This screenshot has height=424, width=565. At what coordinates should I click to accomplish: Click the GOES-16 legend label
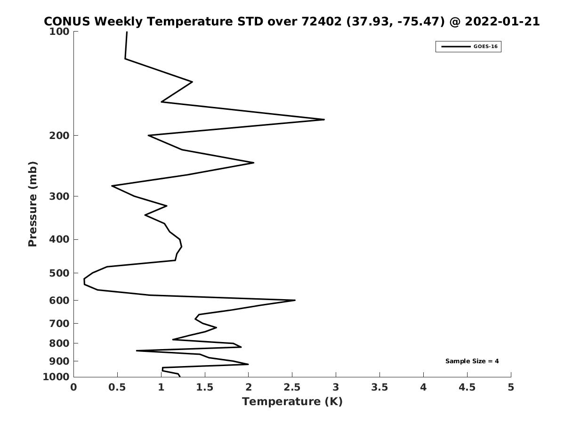pyautogui.click(x=485, y=47)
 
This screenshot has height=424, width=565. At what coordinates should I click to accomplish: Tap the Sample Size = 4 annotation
pyautogui.click(x=472, y=361)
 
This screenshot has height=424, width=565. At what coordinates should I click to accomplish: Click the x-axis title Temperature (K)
pyautogui.click(x=292, y=401)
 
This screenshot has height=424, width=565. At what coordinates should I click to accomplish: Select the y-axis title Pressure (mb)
pyautogui.click(x=32, y=204)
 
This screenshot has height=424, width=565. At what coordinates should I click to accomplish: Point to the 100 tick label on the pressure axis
pyautogui.click(x=59, y=32)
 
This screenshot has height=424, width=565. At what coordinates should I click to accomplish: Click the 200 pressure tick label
pyautogui.click(x=59, y=135)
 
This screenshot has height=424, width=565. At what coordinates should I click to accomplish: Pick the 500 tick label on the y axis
pyautogui.click(x=59, y=273)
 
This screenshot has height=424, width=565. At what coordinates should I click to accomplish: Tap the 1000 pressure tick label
pyautogui.click(x=56, y=377)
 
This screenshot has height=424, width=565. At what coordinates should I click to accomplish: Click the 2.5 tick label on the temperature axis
pyautogui.click(x=292, y=387)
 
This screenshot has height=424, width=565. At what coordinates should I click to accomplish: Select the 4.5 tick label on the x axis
pyautogui.click(x=467, y=387)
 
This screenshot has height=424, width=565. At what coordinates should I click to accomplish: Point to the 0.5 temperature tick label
pyautogui.click(x=117, y=387)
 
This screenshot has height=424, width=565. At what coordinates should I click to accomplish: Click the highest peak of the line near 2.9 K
pyautogui.click(x=324, y=120)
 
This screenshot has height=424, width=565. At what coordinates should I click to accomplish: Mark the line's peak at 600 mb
pyautogui.click(x=295, y=300)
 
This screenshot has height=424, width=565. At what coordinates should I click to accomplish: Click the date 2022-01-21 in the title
pyautogui.click(x=502, y=22)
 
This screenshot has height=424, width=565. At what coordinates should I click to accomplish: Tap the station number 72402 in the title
pyautogui.click(x=322, y=22)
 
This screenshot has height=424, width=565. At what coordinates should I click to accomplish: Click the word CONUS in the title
pyautogui.click(x=67, y=22)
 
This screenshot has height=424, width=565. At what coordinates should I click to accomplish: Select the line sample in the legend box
pyautogui.click(x=456, y=47)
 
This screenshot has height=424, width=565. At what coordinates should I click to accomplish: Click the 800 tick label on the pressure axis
pyautogui.click(x=59, y=343)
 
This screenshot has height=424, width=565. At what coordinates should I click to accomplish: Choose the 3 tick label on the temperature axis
pyautogui.click(x=336, y=387)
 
